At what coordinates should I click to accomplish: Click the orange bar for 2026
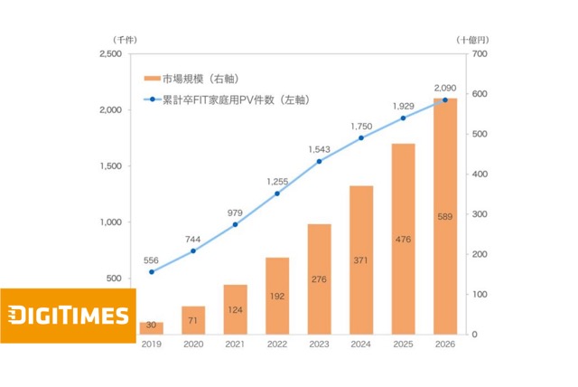(444, 217)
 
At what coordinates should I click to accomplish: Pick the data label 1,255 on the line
(278, 181)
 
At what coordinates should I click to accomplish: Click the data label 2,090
(444, 87)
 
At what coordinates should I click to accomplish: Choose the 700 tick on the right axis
(479, 55)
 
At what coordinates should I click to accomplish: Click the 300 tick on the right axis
(479, 214)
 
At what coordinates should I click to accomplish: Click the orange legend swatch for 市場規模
(150, 80)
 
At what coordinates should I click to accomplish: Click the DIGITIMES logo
(68, 316)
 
